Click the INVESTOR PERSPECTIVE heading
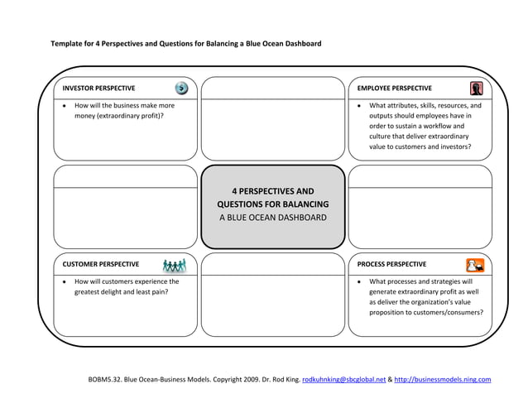[x=98, y=89]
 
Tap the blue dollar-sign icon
[x=180, y=88]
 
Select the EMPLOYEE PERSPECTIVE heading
[x=394, y=89]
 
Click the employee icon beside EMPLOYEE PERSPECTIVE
[x=476, y=89]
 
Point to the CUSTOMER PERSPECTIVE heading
[x=100, y=265]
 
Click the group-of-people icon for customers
[x=175, y=265]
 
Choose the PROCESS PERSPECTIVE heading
[x=391, y=265]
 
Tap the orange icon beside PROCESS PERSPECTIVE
[x=475, y=265]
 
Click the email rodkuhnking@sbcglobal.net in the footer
[x=343, y=380]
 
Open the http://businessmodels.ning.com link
[x=443, y=380]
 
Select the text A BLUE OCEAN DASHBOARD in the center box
[x=273, y=218]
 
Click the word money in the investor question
[x=86, y=116]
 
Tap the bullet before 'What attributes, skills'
[x=358, y=106]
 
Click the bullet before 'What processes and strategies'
[x=358, y=282]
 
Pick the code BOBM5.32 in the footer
[x=105, y=380]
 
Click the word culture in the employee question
[x=382, y=137]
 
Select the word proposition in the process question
[x=389, y=313]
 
